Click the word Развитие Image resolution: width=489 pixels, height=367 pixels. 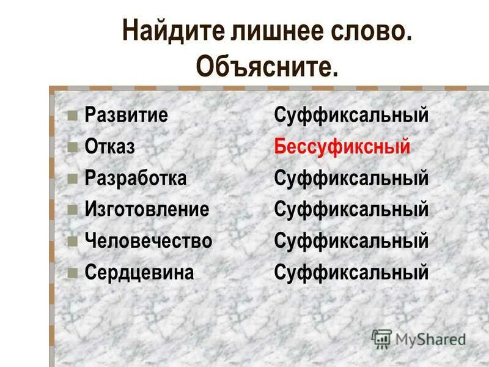[x=126, y=116]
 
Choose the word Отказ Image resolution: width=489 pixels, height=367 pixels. [x=109, y=147]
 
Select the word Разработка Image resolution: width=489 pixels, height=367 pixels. [x=136, y=178]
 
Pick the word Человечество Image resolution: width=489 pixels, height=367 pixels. [x=149, y=241]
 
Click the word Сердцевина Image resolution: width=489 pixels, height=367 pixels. [x=139, y=272]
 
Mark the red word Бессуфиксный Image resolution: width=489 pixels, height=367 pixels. [x=342, y=147]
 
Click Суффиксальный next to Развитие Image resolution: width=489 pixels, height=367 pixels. [x=351, y=116]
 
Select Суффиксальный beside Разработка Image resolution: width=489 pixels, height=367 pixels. [x=351, y=178]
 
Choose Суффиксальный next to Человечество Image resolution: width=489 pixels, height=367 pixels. [x=351, y=241]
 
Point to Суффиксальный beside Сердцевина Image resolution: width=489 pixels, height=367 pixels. [x=351, y=272]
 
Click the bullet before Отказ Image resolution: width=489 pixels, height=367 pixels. [x=72, y=147]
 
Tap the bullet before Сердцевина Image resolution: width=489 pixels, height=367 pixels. [x=72, y=272]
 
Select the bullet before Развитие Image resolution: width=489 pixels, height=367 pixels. [x=72, y=115]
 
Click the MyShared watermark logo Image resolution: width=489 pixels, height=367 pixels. [x=419, y=338]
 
